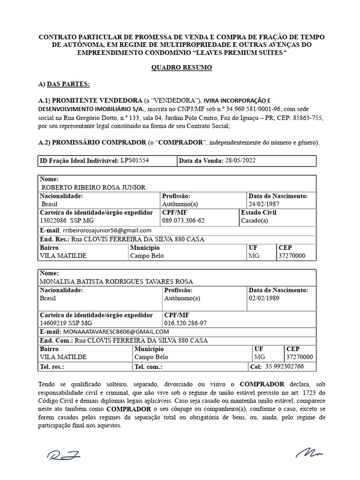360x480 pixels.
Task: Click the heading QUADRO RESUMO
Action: click(181, 68)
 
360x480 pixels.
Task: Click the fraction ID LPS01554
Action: click(135, 161)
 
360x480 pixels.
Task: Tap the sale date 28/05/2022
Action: click(240, 161)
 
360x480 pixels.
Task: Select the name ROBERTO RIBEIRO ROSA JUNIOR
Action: click(94, 187)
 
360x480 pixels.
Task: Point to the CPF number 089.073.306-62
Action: click(183, 220)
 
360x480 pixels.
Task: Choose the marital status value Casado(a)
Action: click(255, 220)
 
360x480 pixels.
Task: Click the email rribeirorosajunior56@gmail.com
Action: click(106, 230)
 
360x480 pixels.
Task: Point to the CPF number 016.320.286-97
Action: click(186, 323)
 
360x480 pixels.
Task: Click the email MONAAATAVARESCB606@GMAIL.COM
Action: click(112, 332)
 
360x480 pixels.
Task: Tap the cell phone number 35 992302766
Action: click(285, 367)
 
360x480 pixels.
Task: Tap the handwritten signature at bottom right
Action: click(310, 453)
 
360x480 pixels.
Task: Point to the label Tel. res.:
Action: click(52, 367)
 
